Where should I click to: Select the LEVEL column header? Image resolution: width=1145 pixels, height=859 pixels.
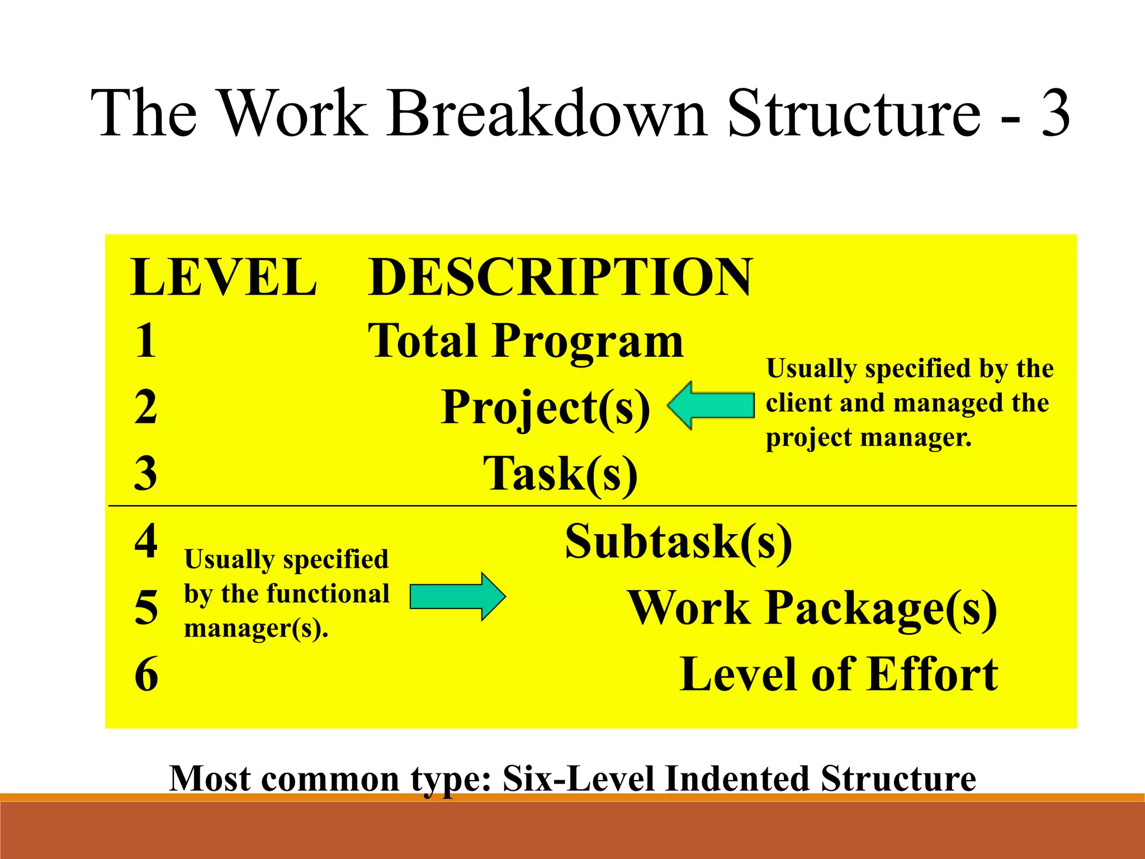(x=224, y=277)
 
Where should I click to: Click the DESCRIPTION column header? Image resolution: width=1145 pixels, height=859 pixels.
(x=560, y=277)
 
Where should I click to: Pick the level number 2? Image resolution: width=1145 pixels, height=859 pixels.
(x=146, y=407)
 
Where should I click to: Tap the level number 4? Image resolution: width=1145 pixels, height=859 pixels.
(x=146, y=541)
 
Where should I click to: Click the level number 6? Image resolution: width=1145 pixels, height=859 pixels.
(x=146, y=674)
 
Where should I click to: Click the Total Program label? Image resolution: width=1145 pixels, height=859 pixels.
(x=526, y=341)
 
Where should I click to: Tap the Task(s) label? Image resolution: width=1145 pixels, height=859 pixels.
(x=560, y=474)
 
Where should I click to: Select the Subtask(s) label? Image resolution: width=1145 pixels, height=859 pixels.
(x=678, y=541)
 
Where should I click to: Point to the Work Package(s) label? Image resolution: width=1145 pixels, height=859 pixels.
(x=812, y=608)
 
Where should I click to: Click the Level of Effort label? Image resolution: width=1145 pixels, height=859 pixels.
(x=839, y=674)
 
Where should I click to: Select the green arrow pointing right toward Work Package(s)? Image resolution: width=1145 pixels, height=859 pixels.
(x=457, y=596)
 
